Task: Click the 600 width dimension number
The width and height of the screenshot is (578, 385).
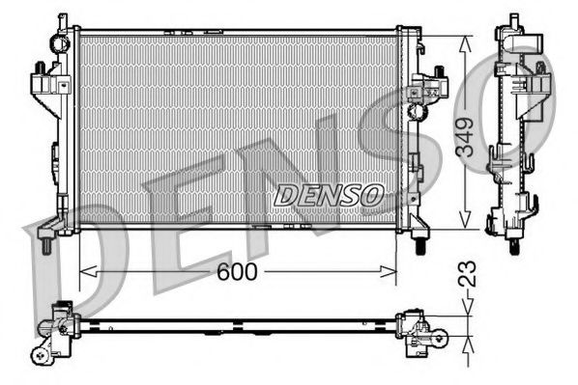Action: pos(237,273)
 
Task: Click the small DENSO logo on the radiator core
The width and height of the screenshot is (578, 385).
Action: pos(329,195)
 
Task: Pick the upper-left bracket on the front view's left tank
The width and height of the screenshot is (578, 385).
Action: pos(43,77)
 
